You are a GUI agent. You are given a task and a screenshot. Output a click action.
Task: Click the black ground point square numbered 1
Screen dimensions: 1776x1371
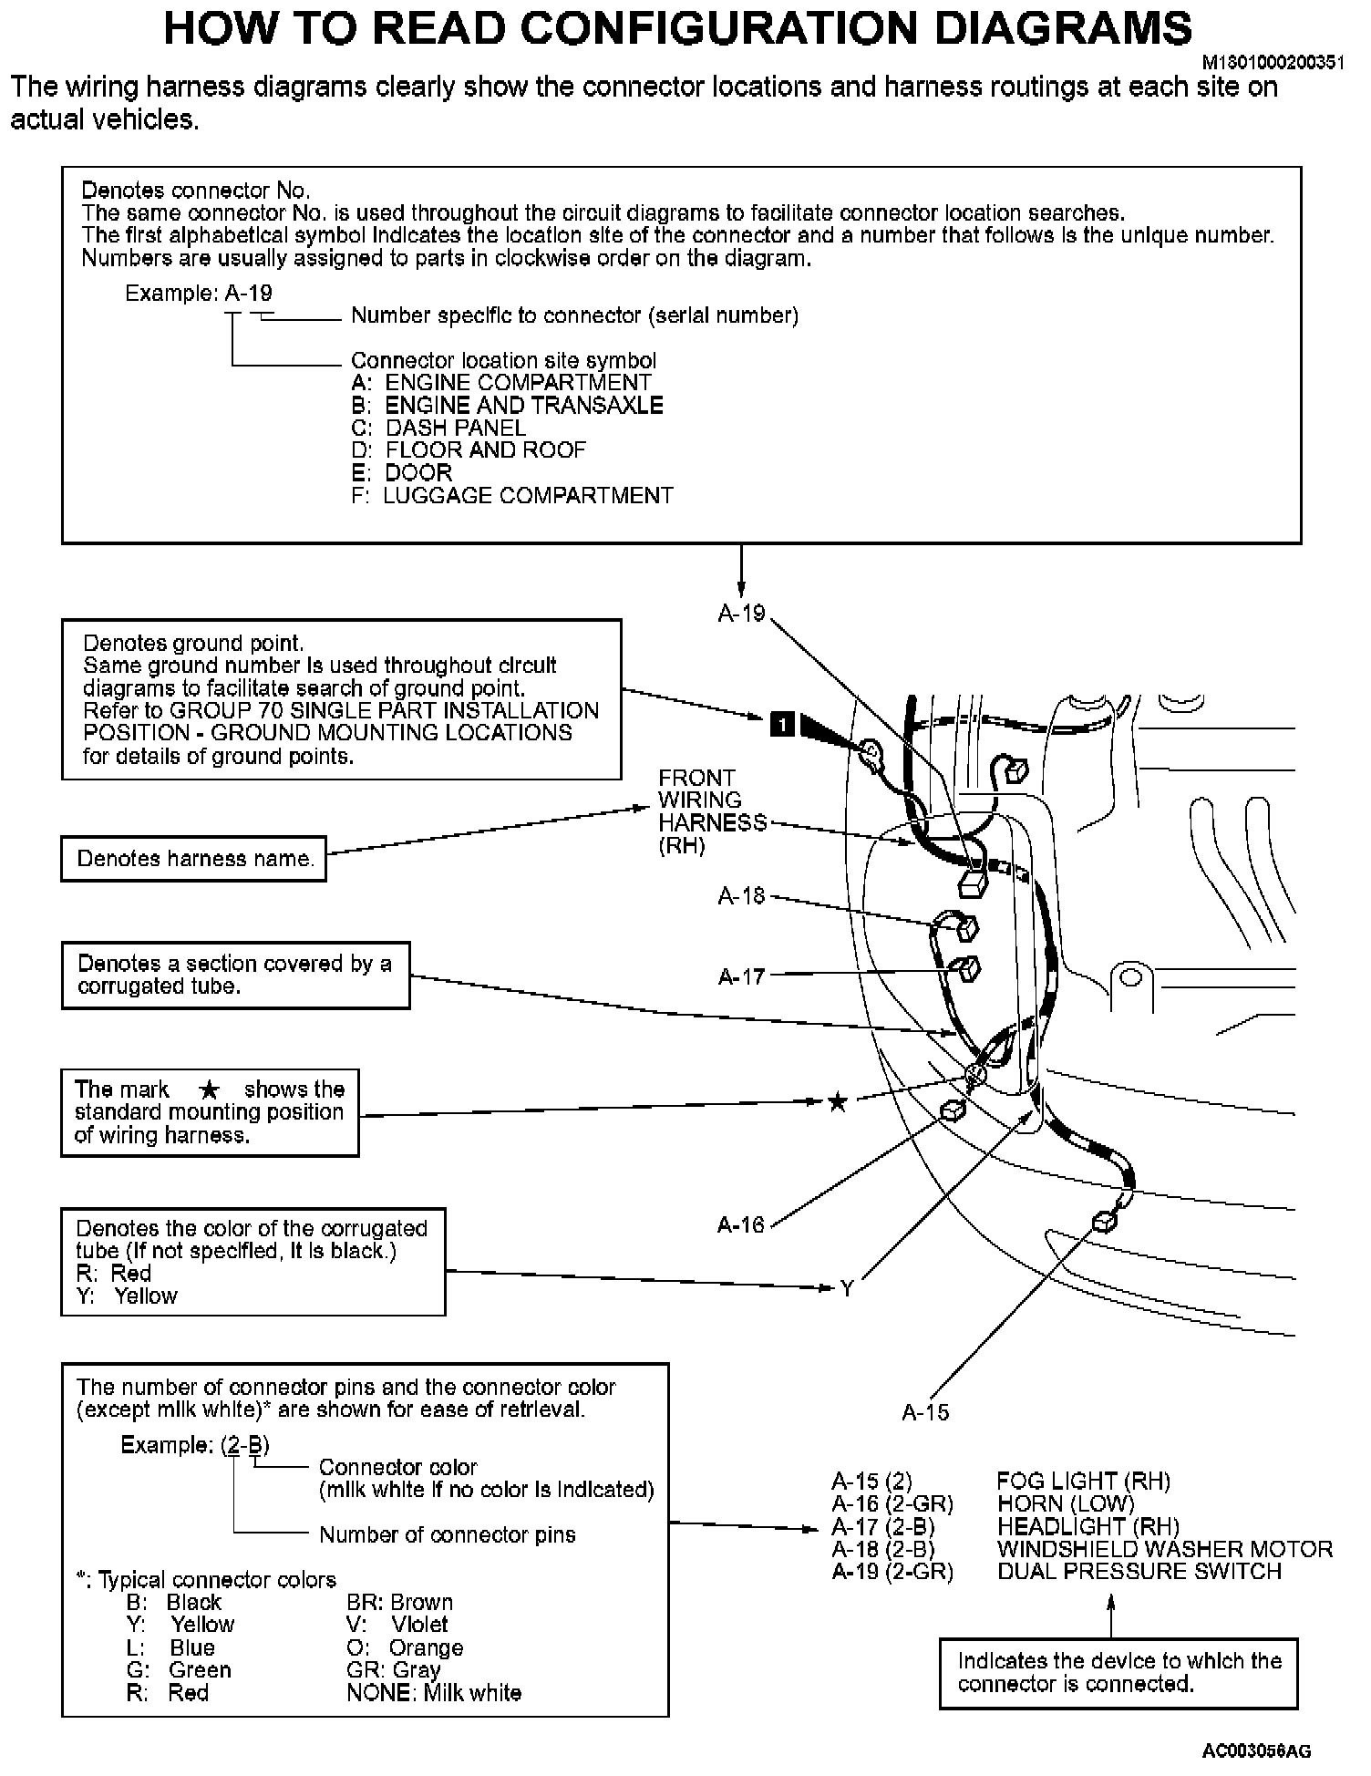tap(783, 725)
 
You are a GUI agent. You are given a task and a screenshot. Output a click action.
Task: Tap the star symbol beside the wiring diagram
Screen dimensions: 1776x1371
tap(837, 1103)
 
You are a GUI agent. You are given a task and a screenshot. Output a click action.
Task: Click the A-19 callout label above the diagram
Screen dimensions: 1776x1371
tap(741, 614)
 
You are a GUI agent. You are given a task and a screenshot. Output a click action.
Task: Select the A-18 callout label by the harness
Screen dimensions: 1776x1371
tap(741, 896)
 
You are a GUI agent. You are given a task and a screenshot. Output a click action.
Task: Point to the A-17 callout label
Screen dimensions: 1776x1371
tap(741, 976)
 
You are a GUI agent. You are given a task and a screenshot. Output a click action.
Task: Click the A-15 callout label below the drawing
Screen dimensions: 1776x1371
tap(925, 1412)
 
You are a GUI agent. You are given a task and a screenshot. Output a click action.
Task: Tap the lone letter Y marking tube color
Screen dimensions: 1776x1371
tap(847, 1289)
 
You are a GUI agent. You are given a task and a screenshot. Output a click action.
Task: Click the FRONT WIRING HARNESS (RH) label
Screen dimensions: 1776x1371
tap(712, 811)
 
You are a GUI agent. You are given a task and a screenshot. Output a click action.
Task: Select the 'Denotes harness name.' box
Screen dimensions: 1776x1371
tap(194, 859)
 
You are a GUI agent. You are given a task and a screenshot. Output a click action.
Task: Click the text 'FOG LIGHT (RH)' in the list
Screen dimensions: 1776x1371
tap(1083, 1481)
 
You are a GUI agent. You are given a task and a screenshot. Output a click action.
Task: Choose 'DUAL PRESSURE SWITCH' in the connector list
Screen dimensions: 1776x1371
tap(1139, 1571)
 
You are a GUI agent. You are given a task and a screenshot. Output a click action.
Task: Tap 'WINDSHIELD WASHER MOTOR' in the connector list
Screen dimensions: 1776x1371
tap(1164, 1549)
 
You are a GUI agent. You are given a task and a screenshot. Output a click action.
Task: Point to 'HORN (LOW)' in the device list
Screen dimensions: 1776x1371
tap(1065, 1503)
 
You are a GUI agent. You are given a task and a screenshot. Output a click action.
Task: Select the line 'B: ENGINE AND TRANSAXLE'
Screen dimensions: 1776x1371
tap(507, 406)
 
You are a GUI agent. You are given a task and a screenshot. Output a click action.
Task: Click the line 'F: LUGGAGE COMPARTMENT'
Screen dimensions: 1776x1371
tap(511, 496)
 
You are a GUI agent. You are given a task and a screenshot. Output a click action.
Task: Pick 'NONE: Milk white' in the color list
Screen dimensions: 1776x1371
tap(434, 1693)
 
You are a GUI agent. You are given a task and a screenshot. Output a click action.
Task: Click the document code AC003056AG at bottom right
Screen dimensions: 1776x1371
tap(1256, 1750)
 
